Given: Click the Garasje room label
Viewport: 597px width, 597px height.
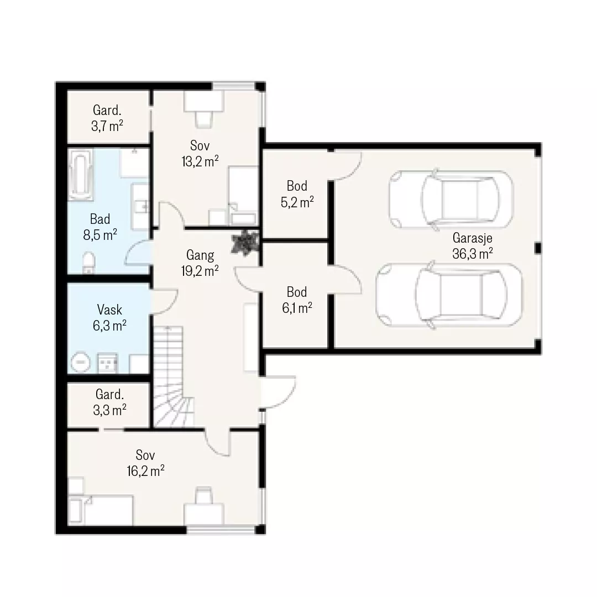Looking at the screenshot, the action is pyautogui.click(x=472, y=238).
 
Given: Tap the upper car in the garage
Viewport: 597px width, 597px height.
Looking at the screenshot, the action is pyautogui.click(x=451, y=199).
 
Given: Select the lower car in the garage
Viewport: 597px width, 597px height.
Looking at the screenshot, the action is pyautogui.click(x=449, y=294).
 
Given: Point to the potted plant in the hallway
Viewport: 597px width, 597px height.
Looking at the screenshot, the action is pyautogui.click(x=245, y=242).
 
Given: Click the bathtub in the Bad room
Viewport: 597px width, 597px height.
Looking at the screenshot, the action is pyautogui.click(x=80, y=175).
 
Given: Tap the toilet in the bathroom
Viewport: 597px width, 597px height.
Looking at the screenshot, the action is pyautogui.click(x=88, y=263).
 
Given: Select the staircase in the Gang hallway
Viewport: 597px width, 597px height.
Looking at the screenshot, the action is pyautogui.click(x=174, y=376).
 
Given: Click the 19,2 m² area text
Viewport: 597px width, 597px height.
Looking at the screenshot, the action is pyautogui.click(x=200, y=271).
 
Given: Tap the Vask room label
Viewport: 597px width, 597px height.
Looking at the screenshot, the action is pyautogui.click(x=109, y=310).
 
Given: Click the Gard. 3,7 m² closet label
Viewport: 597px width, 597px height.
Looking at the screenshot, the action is pyautogui.click(x=107, y=118).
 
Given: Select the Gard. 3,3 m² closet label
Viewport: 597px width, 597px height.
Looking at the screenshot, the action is pyautogui.click(x=109, y=402).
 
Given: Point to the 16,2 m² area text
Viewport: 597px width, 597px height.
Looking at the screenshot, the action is pyautogui.click(x=145, y=472).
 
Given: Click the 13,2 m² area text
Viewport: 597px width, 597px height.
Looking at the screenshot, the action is pyautogui.click(x=200, y=161).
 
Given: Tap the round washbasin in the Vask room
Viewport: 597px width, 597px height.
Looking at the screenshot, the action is pyautogui.click(x=80, y=362).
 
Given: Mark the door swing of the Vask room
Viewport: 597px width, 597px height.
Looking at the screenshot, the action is pyautogui.click(x=165, y=302).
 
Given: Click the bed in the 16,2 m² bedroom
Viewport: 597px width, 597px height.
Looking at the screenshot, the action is pyautogui.click(x=101, y=510).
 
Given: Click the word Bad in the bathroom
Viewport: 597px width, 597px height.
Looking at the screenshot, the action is pyautogui.click(x=100, y=219).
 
